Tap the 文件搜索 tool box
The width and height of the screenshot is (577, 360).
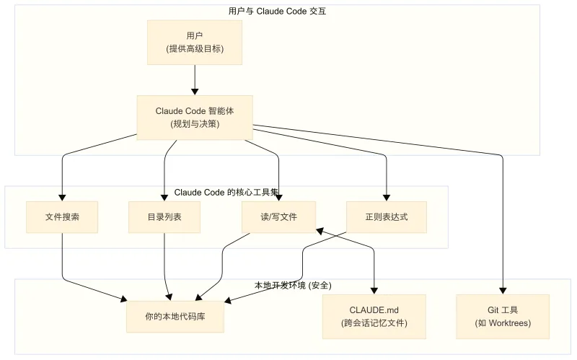point(62,216)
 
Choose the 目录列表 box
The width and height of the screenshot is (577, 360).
point(164,216)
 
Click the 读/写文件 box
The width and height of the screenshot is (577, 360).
point(278,216)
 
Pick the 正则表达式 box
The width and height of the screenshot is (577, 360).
point(387,216)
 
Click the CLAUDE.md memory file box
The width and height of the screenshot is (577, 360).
point(374,316)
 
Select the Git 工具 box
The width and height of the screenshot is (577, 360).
point(503,316)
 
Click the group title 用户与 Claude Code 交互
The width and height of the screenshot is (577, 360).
point(277,12)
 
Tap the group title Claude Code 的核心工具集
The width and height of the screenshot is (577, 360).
point(226,193)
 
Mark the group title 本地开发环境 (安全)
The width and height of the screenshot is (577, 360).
point(293,286)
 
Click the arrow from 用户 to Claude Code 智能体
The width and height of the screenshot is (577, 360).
point(195,79)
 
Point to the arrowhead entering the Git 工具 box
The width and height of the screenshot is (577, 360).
point(503,290)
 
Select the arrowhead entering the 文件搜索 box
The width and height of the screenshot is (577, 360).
point(62,197)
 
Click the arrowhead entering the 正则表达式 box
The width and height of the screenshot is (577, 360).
point(387,197)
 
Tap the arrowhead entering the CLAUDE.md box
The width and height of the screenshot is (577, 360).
point(374,290)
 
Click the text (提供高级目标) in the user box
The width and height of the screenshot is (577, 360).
point(194,49)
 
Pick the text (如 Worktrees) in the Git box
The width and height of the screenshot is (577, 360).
point(503,323)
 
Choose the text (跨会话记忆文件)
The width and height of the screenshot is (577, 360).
point(374,323)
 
